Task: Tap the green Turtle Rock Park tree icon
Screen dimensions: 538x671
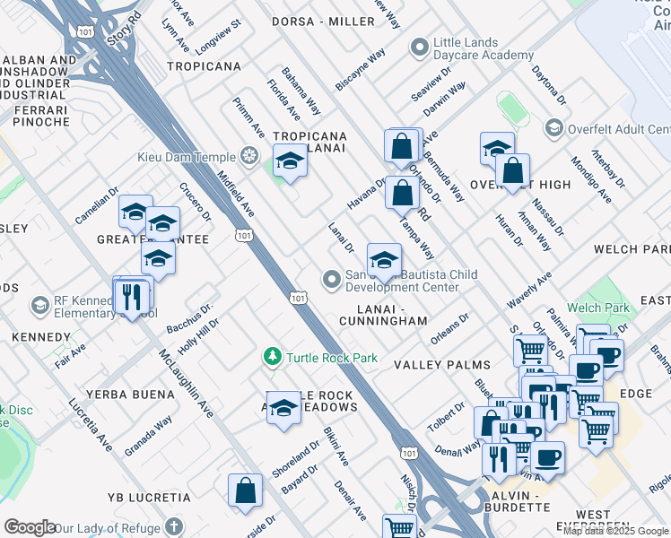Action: [274, 358]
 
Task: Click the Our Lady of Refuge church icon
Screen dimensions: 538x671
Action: [174, 528]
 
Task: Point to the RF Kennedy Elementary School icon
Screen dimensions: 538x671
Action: [39, 306]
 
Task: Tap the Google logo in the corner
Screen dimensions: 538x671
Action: [30, 527]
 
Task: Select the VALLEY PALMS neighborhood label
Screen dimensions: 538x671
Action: [442, 365]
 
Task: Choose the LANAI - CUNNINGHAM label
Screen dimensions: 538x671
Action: [384, 315]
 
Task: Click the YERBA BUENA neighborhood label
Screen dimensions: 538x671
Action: [130, 395]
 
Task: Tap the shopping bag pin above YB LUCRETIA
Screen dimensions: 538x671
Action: [245, 490]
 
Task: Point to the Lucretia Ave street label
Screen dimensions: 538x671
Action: [89, 421]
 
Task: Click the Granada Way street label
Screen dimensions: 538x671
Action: [148, 436]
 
